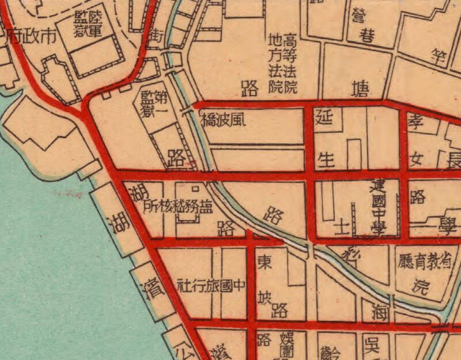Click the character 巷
tap(368, 37)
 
